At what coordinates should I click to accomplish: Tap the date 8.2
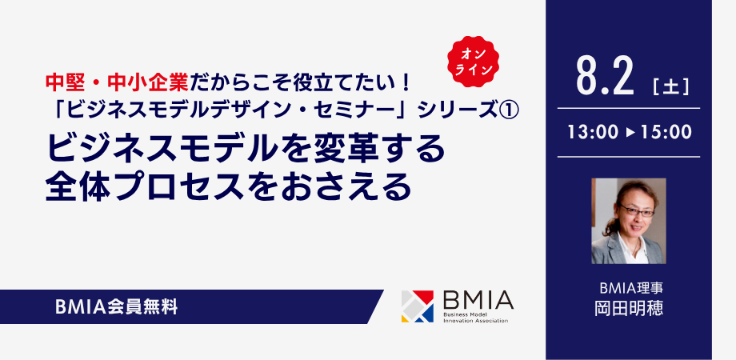[606, 77]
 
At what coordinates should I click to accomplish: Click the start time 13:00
[593, 132]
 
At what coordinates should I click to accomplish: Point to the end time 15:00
[666, 132]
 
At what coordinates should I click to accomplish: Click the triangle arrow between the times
[630, 133]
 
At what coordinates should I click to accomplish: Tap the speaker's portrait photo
[629, 221]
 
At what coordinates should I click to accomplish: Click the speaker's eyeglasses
[636, 211]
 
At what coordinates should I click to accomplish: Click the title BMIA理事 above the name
[629, 286]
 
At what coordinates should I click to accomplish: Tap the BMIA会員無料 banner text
[117, 307]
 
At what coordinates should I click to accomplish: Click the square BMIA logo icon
[418, 306]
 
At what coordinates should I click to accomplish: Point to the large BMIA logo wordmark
[478, 300]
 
